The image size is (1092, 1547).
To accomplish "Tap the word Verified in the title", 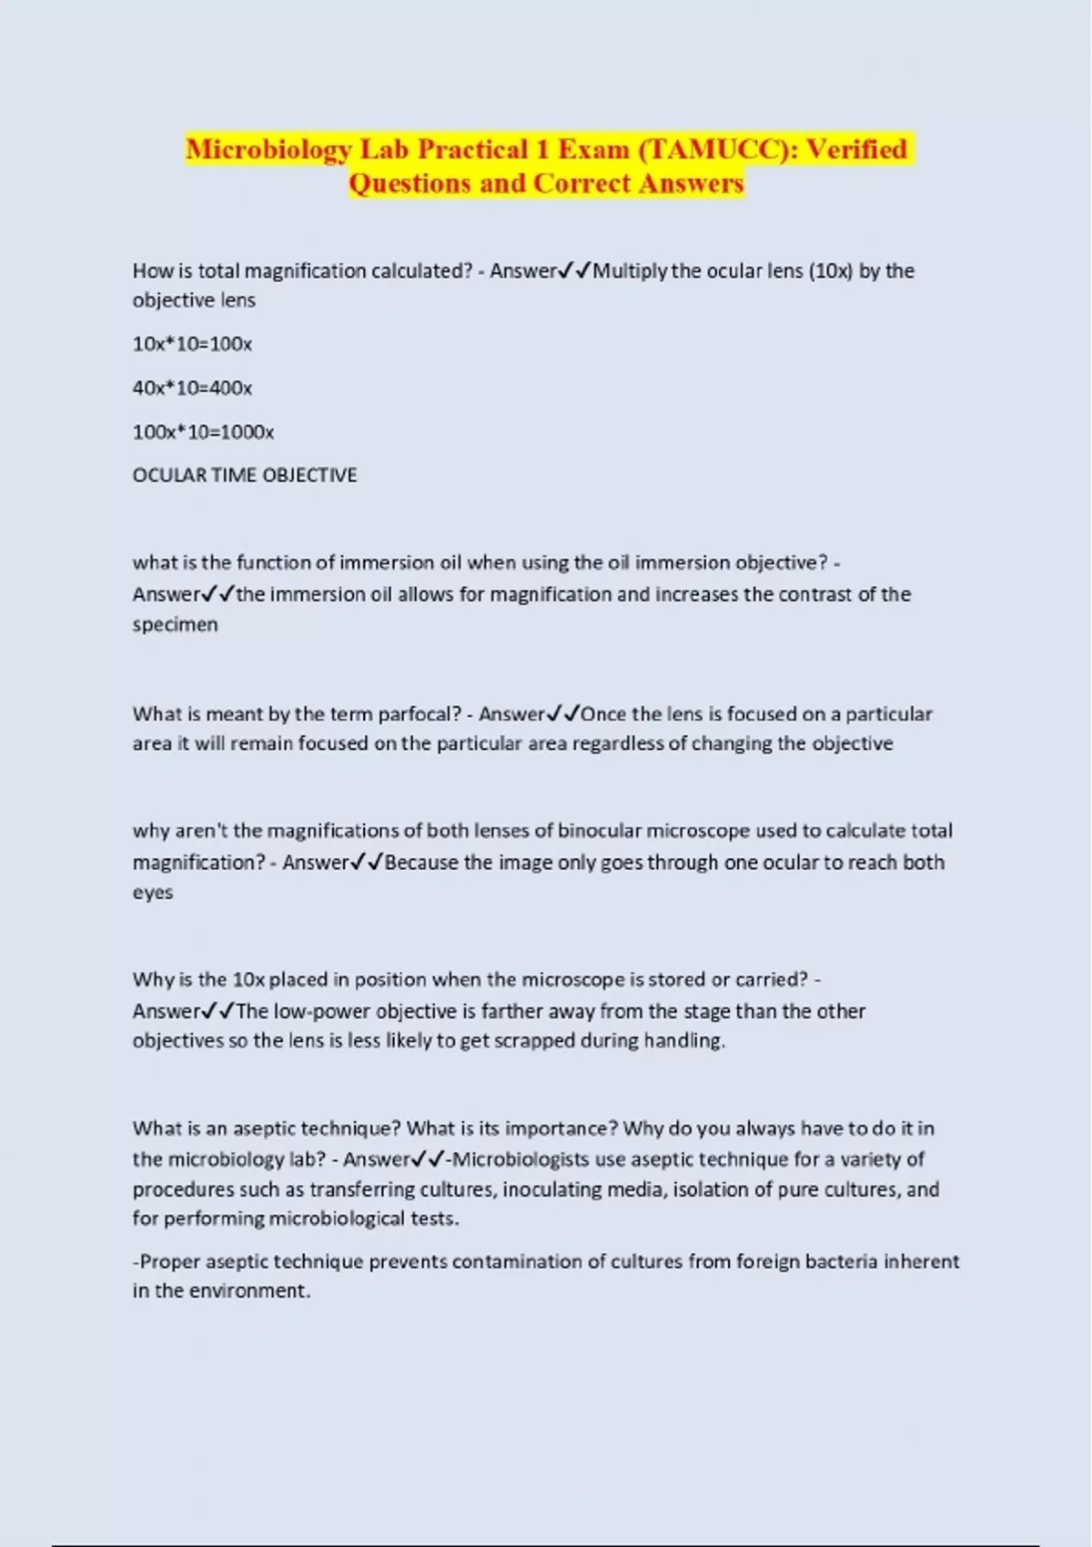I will (x=856, y=149).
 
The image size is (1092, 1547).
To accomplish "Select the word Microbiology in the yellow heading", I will (x=268, y=149).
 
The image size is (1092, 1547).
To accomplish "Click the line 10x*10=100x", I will (x=192, y=344).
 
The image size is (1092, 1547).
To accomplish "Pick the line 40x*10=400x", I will (x=192, y=388).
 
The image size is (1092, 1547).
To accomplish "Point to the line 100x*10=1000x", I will (x=203, y=431).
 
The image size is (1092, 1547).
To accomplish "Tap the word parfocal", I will (x=413, y=714).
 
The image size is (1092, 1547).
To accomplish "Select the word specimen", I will (x=175, y=624).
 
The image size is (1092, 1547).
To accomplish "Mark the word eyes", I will (x=152, y=893).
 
